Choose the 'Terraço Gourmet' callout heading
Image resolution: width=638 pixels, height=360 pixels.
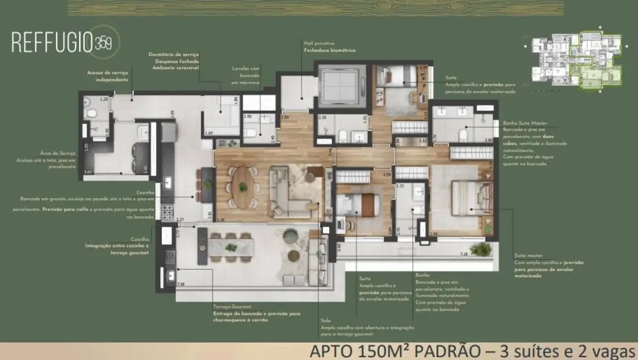[x=232, y=306]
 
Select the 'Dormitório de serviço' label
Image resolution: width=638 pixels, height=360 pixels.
[x=173, y=54]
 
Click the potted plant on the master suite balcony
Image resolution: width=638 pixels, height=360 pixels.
[x=480, y=249]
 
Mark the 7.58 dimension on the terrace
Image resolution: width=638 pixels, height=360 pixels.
[x=181, y=284]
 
